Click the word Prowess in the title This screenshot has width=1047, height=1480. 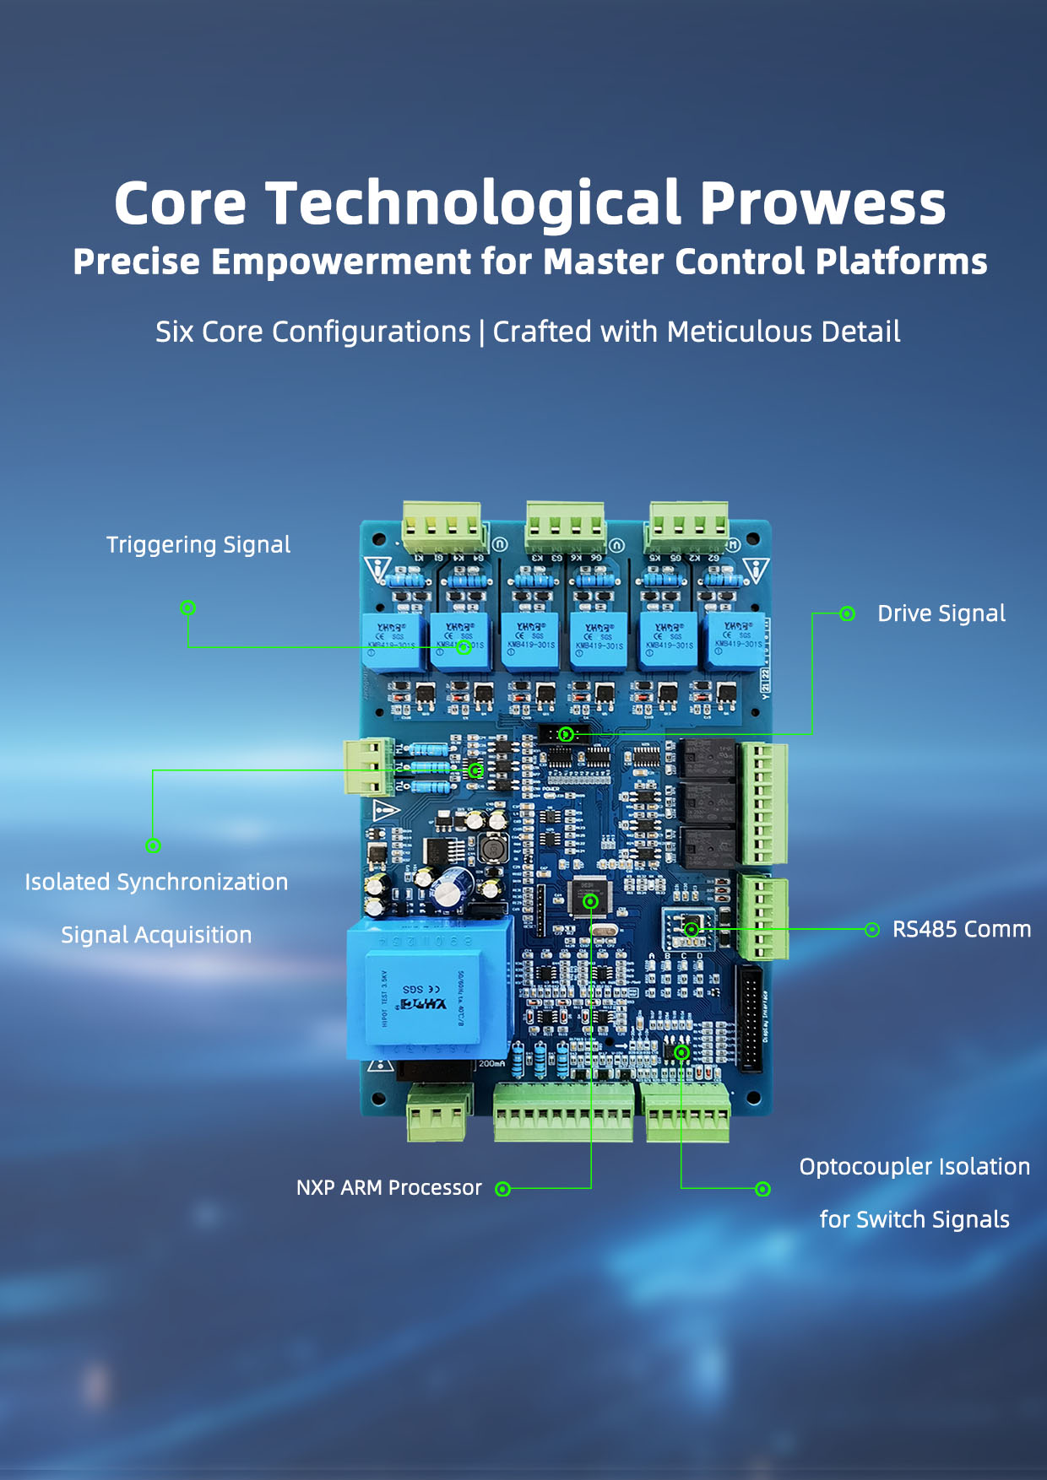point(822,204)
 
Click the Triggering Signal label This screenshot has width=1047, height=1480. point(198,545)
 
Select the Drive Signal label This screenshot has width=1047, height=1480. point(941,613)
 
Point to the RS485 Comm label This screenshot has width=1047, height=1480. point(962,929)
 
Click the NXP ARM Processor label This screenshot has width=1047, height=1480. point(389,1188)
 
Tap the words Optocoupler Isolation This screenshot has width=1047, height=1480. point(914,1167)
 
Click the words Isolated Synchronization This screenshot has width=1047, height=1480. point(156,883)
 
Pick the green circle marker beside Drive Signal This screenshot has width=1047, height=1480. point(847,614)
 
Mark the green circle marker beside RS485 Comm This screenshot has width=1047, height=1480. point(872,930)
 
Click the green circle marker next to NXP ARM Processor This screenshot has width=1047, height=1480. point(503,1189)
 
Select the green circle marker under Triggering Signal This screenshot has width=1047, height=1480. point(188,608)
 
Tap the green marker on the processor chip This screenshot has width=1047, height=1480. point(591,901)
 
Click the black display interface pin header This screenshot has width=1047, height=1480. point(750,1018)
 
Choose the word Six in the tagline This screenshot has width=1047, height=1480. point(175,332)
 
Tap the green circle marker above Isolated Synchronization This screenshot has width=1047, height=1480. point(153,845)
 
